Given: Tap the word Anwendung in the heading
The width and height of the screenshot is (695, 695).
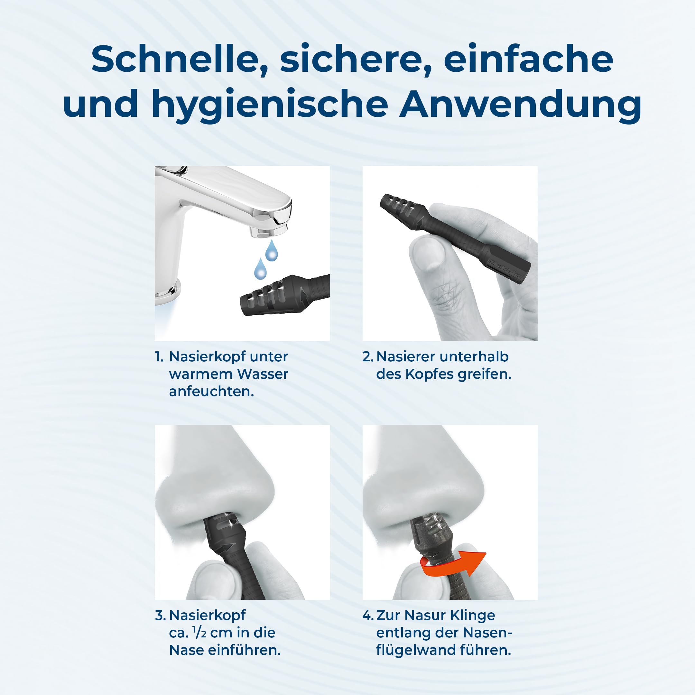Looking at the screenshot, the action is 520,104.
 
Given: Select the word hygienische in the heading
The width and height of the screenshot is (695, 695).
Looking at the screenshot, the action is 270,104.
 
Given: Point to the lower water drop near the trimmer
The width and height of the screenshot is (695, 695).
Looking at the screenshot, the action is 260,268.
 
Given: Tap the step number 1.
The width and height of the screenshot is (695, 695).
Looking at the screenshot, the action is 159,357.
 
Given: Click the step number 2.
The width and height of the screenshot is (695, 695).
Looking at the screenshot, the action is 368,357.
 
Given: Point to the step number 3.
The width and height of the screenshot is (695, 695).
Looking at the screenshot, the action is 161,616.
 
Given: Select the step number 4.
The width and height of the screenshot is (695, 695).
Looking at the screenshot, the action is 368,616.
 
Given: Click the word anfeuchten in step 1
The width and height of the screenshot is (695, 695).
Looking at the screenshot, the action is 211,391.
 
